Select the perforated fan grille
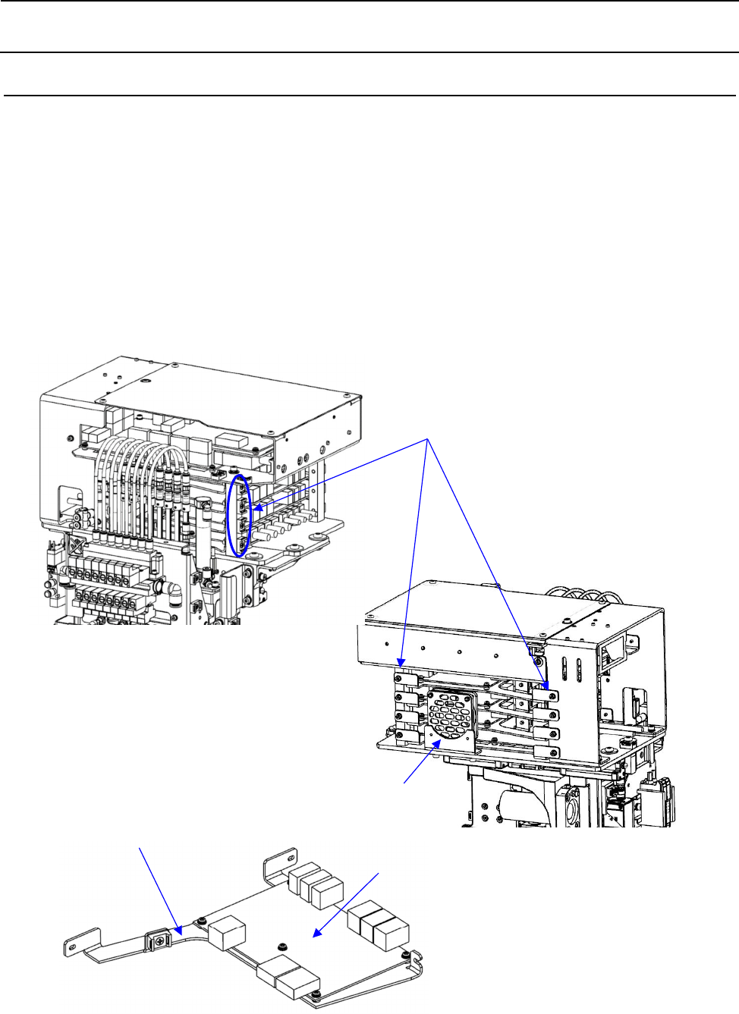[x=451, y=712]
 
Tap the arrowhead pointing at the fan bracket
[x=437, y=745]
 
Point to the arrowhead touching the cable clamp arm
[x=178, y=930]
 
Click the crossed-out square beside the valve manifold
[x=76, y=544]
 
